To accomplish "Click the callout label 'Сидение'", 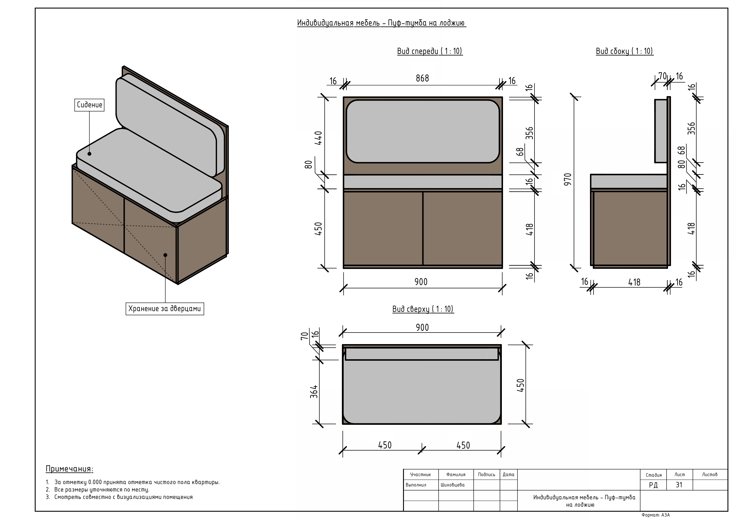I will (x=89, y=105).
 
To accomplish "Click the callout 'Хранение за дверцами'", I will (x=164, y=308).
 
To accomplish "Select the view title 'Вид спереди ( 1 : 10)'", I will (x=429, y=51).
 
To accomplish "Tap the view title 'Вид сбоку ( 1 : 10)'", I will (x=624, y=51).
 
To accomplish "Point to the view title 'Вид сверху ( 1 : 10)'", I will (x=423, y=309).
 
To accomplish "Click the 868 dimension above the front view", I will (x=422, y=79).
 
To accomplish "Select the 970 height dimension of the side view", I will (x=567, y=179).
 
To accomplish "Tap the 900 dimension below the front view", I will (x=421, y=282).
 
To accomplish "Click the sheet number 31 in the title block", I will (x=679, y=485).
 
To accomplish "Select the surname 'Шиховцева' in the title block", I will (x=452, y=485).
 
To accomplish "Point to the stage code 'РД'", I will (x=653, y=485).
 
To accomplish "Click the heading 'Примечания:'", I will (x=69, y=469).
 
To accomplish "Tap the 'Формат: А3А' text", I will (x=656, y=515).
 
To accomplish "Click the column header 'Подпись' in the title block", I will (x=486, y=475).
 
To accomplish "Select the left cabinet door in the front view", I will (x=383, y=228).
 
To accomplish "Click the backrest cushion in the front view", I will (x=423, y=131).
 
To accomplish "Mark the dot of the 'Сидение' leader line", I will (x=89, y=154).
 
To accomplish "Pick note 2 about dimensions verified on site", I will (x=101, y=489).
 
